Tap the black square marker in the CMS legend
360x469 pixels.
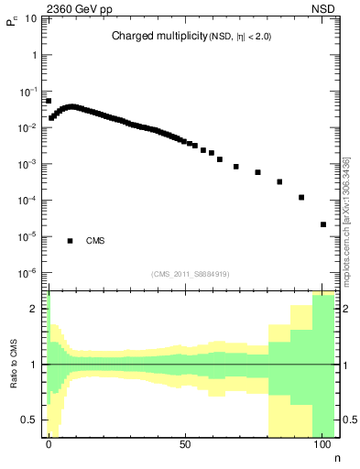pyautogui.click(x=70, y=241)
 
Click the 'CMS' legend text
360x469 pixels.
pyautogui.click(x=94, y=241)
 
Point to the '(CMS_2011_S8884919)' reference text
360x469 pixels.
pyautogui.click(x=191, y=274)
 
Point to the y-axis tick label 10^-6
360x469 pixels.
pyautogui.click(x=30, y=273)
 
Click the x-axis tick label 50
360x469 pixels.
pyautogui.click(x=185, y=442)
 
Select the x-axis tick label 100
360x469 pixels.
pyautogui.click(x=322, y=442)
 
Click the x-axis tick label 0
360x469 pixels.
pyautogui.click(x=49, y=442)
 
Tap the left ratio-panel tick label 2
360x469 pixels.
pyautogui.click(x=37, y=309)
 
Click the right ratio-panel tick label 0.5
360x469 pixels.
pyautogui.click(x=349, y=420)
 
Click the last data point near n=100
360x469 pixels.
pyautogui.click(x=323, y=224)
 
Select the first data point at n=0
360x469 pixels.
pyautogui.click(x=49, y=102)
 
